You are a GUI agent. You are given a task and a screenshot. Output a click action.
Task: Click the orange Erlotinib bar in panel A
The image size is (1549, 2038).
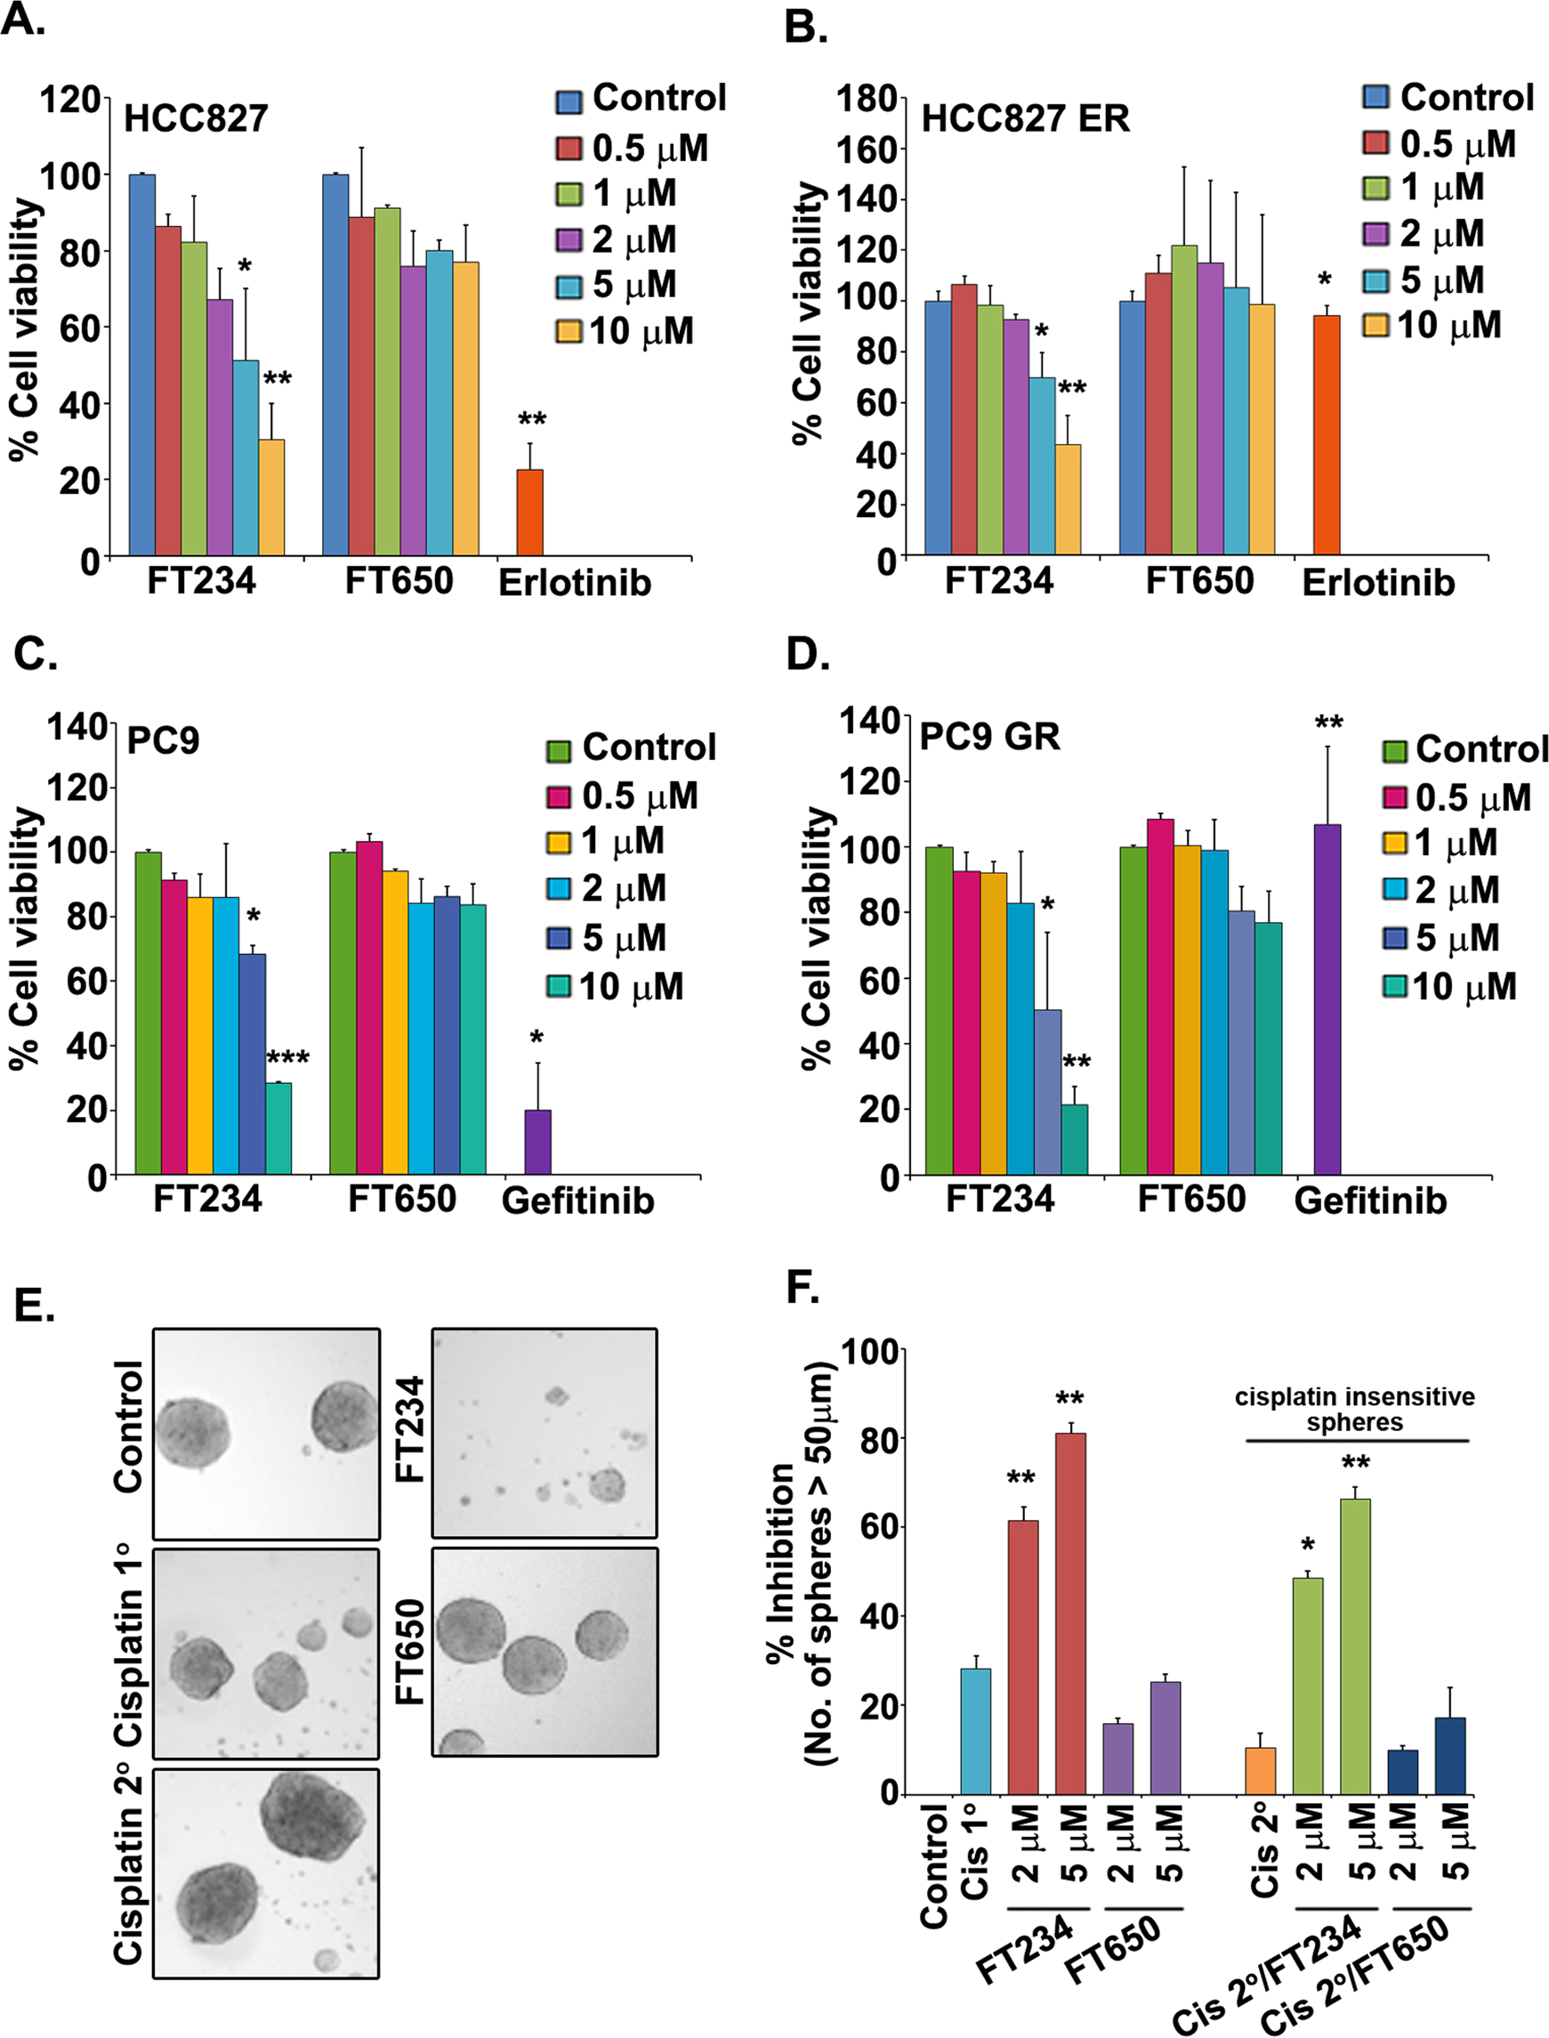point(529,512)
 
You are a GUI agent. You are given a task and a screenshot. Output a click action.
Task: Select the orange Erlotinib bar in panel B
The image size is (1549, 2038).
point(1327,435)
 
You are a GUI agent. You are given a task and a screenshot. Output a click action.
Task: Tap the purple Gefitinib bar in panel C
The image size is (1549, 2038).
point(537,1142)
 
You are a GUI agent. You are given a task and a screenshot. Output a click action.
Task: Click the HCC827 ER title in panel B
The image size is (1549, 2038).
point(1025,118)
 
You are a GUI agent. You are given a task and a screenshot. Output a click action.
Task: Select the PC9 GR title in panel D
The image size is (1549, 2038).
point(989,737)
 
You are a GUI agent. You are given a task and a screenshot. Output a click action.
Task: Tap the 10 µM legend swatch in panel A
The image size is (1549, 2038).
point(569,332)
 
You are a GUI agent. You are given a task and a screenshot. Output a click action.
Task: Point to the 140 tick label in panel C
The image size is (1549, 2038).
point(77,727)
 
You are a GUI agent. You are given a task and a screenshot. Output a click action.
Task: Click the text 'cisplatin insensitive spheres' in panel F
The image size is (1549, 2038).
point(1354,1409)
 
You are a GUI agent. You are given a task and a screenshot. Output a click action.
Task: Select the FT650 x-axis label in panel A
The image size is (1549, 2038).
point(399,581)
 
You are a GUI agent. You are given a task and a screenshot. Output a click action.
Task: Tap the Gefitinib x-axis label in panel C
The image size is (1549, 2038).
point(578,1201)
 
